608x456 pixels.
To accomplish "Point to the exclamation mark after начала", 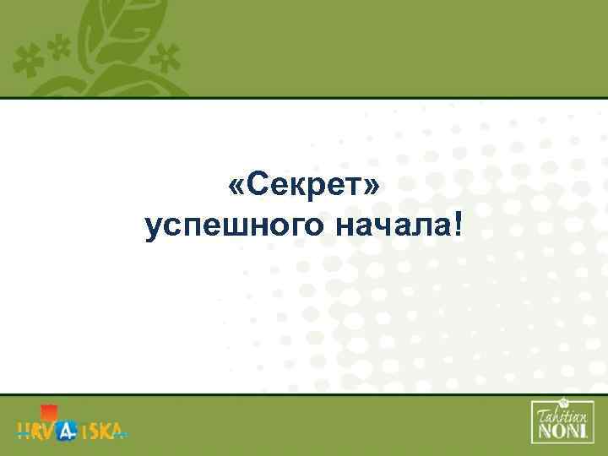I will pyautogui.click(x=458, y=223).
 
